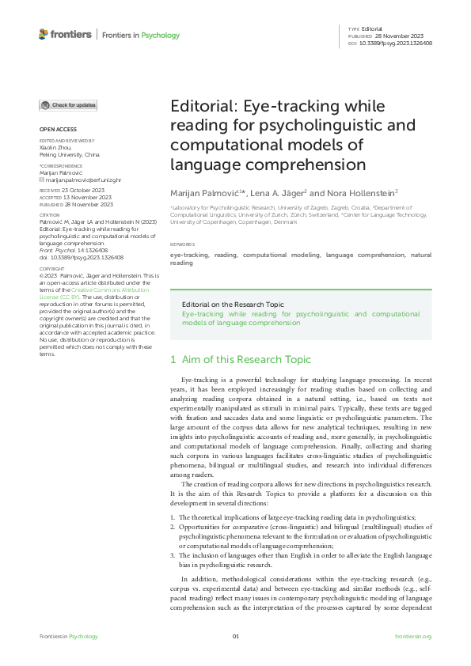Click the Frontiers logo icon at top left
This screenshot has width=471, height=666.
(x=44, y=34)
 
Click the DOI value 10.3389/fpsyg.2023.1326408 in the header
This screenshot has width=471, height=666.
(x=397, y=44)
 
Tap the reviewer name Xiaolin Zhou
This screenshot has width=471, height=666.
(x=55, y=148)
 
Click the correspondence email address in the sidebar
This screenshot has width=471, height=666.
(x=76, y=180)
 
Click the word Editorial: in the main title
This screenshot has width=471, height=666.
(x=197, y=107)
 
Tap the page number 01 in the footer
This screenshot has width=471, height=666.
(x=235, y=637)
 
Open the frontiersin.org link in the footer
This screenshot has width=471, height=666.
(x=412, y=637)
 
